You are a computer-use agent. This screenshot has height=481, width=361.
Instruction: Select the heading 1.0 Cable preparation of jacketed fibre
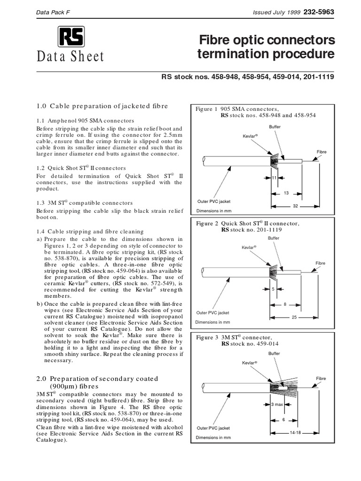102,106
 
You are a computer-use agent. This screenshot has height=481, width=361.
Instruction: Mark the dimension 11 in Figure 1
275,178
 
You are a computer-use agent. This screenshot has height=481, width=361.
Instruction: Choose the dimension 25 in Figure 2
294,318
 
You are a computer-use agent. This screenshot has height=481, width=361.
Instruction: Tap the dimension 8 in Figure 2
285,304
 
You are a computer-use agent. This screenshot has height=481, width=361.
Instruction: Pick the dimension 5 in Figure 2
273,289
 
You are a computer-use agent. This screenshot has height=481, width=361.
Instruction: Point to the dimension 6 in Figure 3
284,419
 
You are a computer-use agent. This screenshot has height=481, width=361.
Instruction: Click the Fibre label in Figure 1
322,152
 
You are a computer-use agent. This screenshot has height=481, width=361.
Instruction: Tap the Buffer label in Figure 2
273,238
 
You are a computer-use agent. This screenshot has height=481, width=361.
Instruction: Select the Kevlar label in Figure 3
250,363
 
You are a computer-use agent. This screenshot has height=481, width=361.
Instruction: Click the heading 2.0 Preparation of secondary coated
97,378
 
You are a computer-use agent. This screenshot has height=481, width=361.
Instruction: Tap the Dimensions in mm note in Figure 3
213,437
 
